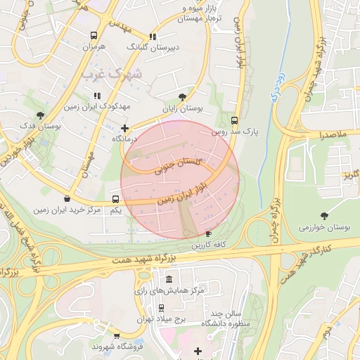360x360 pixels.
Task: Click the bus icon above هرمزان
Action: (x=94, y=35)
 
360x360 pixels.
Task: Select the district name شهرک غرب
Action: (x=111, y=73)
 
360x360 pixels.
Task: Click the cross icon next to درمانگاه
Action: (x=124, y=128)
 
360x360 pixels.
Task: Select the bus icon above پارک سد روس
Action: (x=235, y=120)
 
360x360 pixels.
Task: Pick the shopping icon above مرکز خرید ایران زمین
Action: (x=67, y=199)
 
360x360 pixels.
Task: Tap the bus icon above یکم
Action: (x=116, y=199)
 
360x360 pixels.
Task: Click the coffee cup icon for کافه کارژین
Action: (x=207, y=233)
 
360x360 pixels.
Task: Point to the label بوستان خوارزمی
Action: (x=324, y=227)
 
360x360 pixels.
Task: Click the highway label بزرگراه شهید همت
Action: (x=149, y=259)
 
